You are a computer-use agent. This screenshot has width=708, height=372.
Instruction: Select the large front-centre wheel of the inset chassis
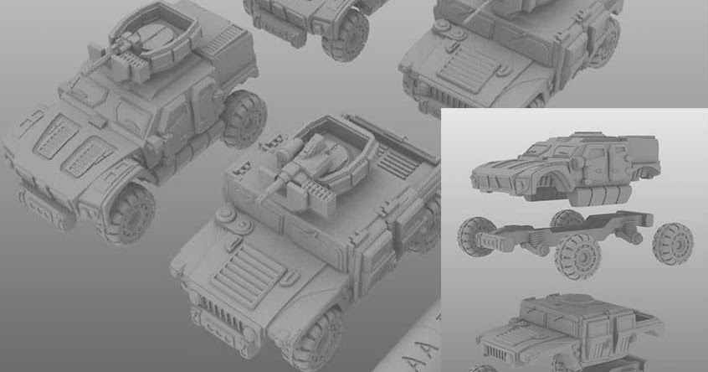578,256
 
